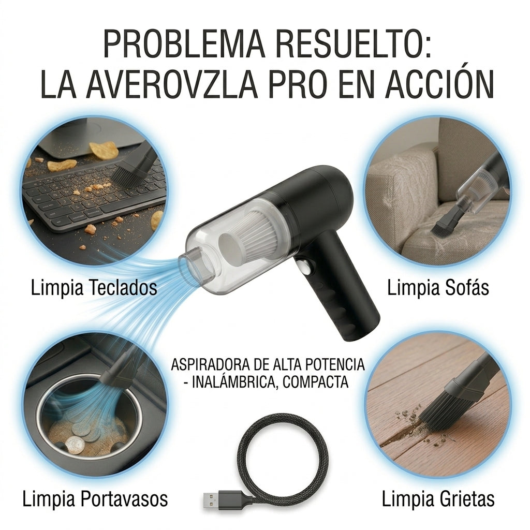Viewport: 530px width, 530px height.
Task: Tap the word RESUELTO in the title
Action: (x=351, y=44)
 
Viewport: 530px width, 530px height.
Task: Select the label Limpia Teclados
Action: (x=94, y=288)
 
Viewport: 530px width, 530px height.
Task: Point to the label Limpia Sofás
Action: (x=438, y=288)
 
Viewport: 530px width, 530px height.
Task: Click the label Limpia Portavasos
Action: (x=95, y=499)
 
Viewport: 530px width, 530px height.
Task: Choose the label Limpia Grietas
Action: (x=438, y=499)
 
